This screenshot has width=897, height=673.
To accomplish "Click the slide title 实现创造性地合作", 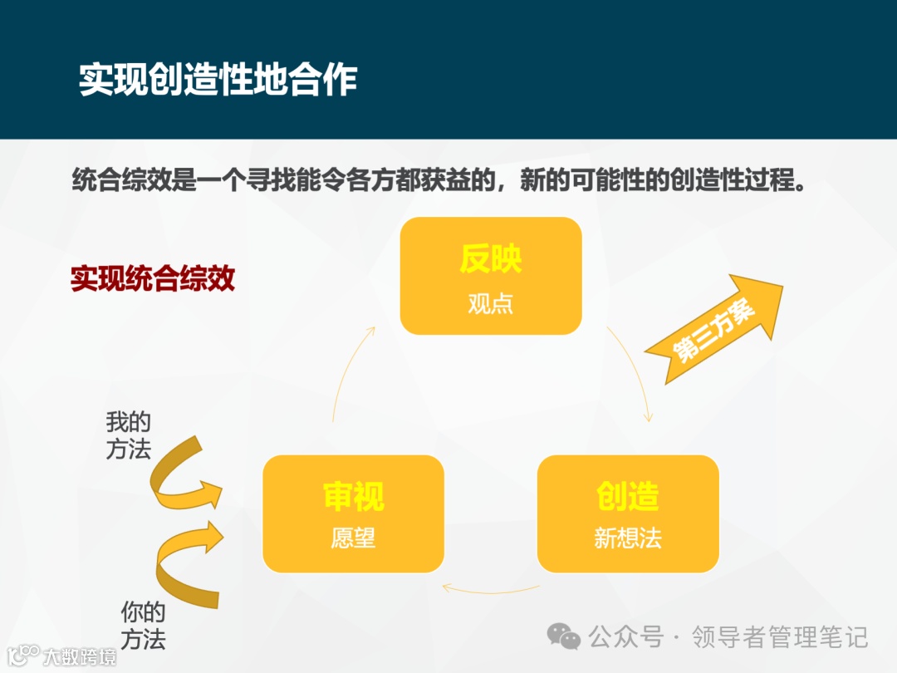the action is point(218,80).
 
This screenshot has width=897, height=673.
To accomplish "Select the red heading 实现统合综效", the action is point(153,278).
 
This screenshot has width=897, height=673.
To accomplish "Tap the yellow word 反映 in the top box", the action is point(490,259).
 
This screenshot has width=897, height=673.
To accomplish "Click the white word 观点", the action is point(490,303).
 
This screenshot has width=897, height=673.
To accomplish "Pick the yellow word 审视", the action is point(353,496).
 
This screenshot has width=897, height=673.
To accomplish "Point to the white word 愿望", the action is point(353,538).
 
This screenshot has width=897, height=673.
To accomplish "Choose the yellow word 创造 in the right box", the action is point(627,496).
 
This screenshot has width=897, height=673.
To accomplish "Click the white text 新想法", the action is point(627,538).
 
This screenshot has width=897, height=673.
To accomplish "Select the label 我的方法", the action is point(128,435).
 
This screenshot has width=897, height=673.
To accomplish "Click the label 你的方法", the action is point(143,626).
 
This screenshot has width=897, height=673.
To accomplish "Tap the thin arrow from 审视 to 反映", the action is point(346,374).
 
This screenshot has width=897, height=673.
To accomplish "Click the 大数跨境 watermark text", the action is point(79,657).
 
